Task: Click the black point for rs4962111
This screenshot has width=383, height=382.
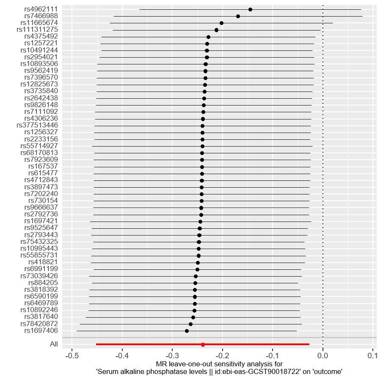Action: (x=250, y=9)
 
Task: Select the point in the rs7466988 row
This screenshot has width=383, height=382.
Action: (x=238, y=16)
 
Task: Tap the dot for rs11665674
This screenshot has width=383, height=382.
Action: (x=221, y=23)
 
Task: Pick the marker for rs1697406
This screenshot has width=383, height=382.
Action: (x=187, y=331)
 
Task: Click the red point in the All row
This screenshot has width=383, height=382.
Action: (x=203, y=345)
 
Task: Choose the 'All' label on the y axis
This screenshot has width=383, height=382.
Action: (x=54, y=344)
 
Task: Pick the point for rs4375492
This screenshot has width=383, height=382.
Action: (x=208, y=37)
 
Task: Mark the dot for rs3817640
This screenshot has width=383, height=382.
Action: (x=193, y=317)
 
